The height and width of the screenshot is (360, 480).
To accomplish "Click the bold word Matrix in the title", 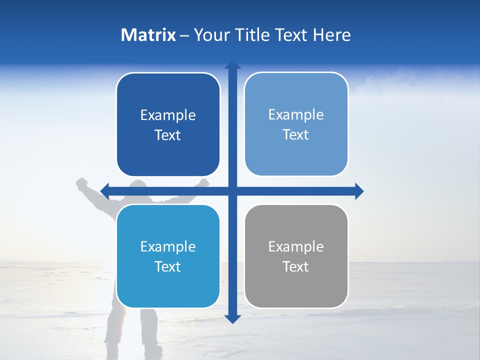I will (x=148, y=35).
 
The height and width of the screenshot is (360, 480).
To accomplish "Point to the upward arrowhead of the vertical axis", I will (x=232, y=65).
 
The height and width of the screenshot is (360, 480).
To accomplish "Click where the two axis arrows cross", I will (x=232, y=191).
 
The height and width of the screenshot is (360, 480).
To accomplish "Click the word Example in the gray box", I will (x=296, y=246).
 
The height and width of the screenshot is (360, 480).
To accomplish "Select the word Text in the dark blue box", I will (x=168, y=135).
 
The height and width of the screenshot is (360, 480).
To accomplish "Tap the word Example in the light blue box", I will (x=296, y=114).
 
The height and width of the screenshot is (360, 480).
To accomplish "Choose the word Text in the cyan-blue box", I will (x=168, y=266).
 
